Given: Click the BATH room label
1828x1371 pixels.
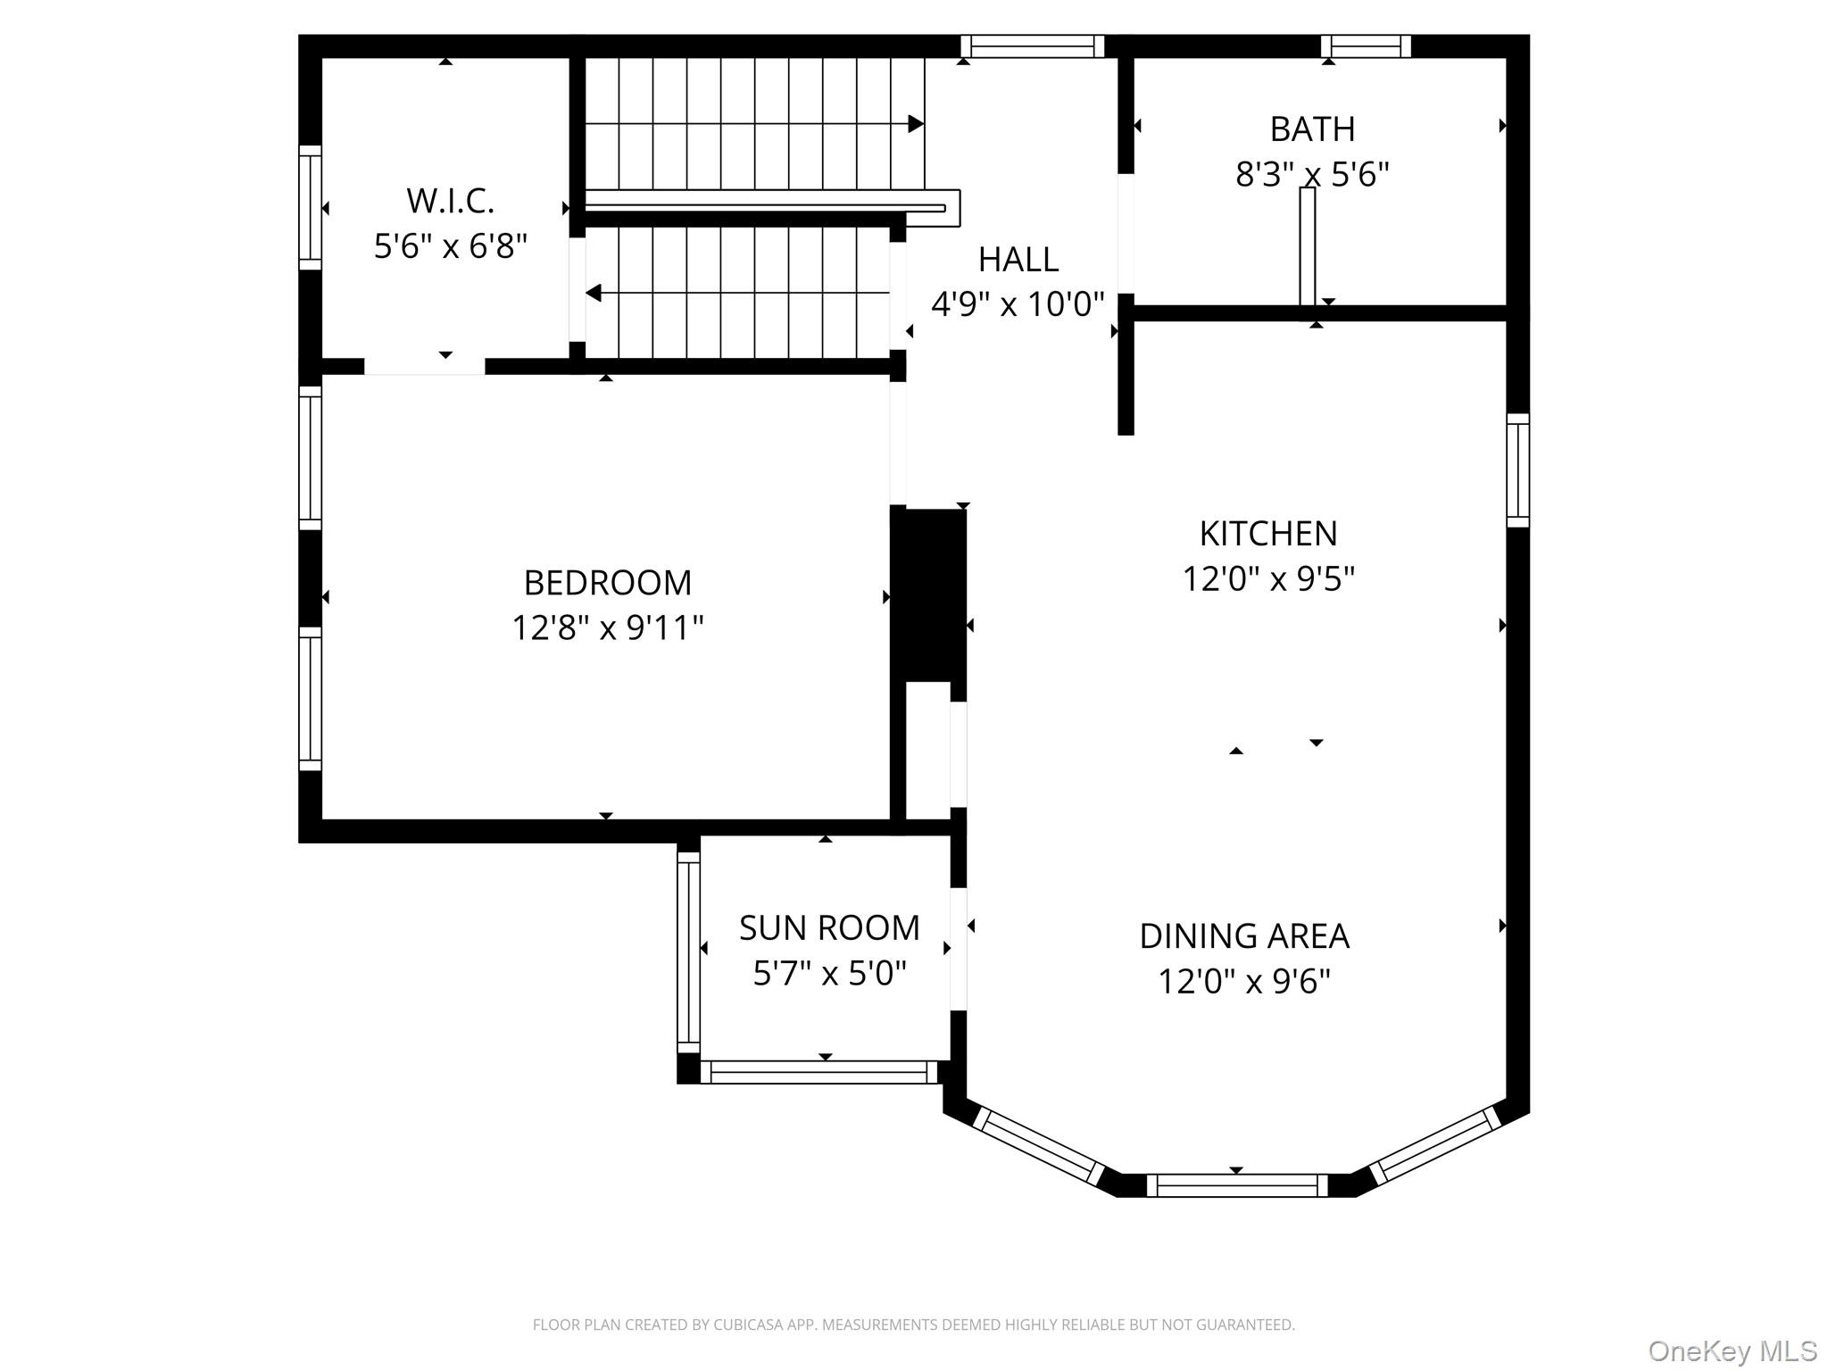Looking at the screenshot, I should pyautogui.click(x=1312, y=129).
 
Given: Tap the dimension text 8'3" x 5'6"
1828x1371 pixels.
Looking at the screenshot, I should pyautogui.click(x=1312, y=174).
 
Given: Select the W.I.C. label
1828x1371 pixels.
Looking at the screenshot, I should pyautogui.click(x=450, y=201).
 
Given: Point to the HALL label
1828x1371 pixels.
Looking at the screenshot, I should pyautogui.click(x=1018, y=260).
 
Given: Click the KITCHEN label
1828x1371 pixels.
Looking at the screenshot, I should pyautogui.click(x=1268, y=534).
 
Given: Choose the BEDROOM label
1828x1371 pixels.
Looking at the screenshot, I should pyautogui.click(x=608, y=583).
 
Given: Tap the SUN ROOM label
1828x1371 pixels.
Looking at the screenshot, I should pyautogui.click(x=829, y=928).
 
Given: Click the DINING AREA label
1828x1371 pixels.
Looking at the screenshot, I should pyautogui.click(x=1244, y=936).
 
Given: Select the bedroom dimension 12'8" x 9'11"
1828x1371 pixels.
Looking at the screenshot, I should pyautogui.click(x=608, y=628).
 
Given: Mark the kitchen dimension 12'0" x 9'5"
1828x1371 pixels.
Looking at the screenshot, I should pyautogui.click(x=1268, y=579).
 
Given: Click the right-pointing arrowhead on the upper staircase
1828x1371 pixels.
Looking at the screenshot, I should pyautogui.click(x=916, y=124).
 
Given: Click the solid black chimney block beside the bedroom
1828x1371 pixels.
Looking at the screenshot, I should pyautogui.click(x=929, y=594).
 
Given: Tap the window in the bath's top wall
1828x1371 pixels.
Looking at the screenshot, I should pyautogui.click(x=1366, y=46).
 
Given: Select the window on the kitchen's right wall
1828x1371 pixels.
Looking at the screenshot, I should pyautogui.click(x=1517, y=470).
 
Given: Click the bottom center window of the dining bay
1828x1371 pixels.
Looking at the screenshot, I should pyautogui.click(x=1237, y=1185).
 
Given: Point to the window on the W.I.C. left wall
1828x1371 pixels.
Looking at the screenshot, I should pyautogui.click(x=310, y=207).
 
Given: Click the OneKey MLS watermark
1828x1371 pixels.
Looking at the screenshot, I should pyautogui.click(x=1732, y=1351).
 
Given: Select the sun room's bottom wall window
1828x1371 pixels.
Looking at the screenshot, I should pyautogui.click(x=818, y=1072).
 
